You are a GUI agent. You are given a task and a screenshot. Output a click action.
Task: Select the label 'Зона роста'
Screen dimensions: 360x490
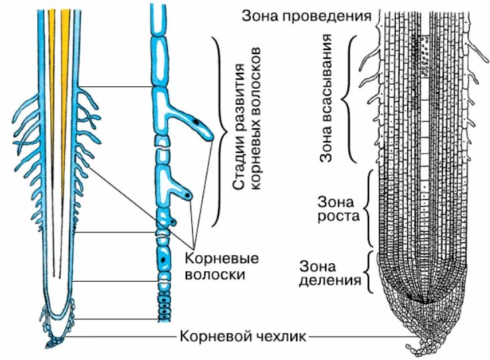339,208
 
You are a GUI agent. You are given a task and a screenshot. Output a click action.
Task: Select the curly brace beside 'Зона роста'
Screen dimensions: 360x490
370,208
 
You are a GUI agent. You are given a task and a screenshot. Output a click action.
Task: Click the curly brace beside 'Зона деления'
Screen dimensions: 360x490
370,271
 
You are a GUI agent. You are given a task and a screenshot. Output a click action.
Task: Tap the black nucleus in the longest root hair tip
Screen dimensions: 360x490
197,122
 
